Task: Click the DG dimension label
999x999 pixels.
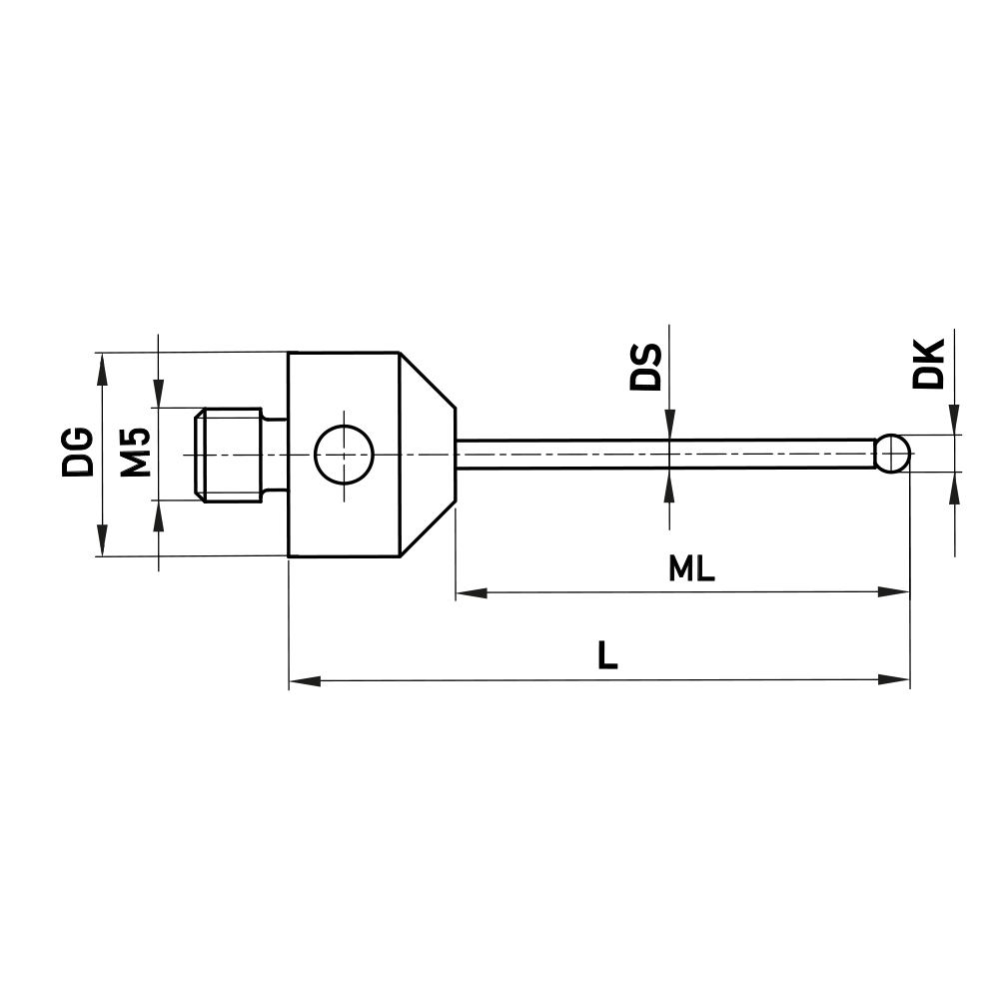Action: [x=77, y=452]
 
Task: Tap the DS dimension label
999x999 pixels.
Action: [x=646, y=367]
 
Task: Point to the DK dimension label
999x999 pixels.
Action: [x=929, y=364]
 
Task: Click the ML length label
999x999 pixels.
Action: [x=692, y=569]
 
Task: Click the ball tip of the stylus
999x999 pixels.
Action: [x=892, y=453]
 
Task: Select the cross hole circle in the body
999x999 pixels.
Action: [x=343, y=453]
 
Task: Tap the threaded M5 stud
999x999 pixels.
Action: [x=228, y=454]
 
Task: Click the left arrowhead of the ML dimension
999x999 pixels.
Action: [x=471, y=593]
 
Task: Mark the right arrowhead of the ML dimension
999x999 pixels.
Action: [x=895, y=593]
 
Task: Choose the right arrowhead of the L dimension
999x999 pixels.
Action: [x=895, y=681]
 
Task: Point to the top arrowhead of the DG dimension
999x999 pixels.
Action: [x=101, y=367]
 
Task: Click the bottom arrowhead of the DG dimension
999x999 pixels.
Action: [x=101, y=540]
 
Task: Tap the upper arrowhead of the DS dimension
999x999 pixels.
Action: [x=669, y=426]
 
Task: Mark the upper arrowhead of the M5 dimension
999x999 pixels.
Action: [x=158, y=393]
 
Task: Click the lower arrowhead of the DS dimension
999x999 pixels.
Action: [x=669, y=485]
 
